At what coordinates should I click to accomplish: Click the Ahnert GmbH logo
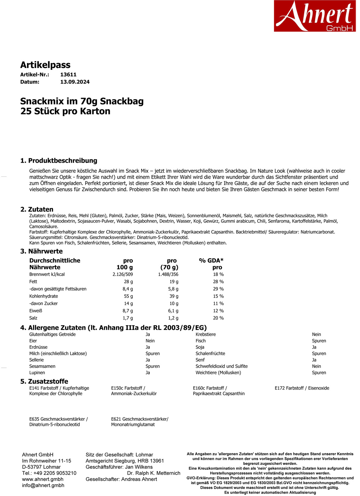[315, 16]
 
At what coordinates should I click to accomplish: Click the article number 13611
[68, 74]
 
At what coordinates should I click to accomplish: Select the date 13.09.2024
[75, 82]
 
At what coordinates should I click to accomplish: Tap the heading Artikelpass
[45, 65]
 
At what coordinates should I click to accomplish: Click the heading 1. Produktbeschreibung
[59, 160]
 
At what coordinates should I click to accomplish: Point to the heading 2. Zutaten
[37, 209]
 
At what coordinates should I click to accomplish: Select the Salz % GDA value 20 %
[218, 318]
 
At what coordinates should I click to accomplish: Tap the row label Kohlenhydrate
[44, 296]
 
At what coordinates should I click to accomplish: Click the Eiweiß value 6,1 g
[173, 311]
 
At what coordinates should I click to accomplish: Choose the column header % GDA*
[211, 260]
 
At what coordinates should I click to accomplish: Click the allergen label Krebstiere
[205, 334]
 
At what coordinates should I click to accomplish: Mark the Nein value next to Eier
[150, 341]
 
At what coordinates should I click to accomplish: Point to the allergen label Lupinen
[37, 373]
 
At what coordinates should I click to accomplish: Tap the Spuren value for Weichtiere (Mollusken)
[319, 373]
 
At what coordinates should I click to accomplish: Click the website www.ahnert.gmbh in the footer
[42, 479]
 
